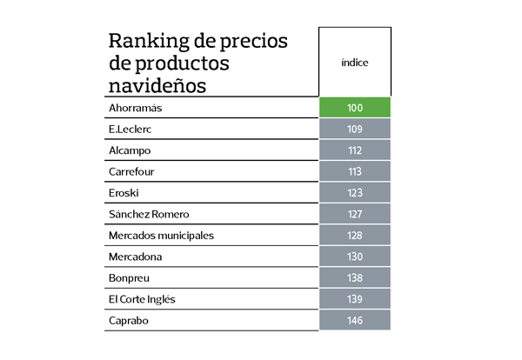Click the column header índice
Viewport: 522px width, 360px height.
(x=354, y=63)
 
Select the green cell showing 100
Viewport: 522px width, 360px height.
(x=354, y=108)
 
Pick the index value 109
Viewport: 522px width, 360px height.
(x=354, y=129)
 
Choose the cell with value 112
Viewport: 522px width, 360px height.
(x=354, y=150)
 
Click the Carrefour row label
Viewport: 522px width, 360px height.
(x=131, y=171)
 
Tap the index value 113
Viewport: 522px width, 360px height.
(x=354, y=171)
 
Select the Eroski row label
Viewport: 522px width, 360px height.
(x=124, y=193)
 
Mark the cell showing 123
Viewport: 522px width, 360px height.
(x=354, y=193)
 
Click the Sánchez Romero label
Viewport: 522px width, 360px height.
(x=149, y=214)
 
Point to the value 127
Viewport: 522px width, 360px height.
(x=354, y=214)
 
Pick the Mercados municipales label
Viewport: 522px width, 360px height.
(x=161, y=236)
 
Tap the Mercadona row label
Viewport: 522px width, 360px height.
(x=135, y=257)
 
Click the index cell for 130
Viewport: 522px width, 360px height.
(x=354, y=257)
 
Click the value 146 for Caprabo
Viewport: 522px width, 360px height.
(x=354, y=321)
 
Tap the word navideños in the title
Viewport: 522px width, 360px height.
(x=157, y=85)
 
